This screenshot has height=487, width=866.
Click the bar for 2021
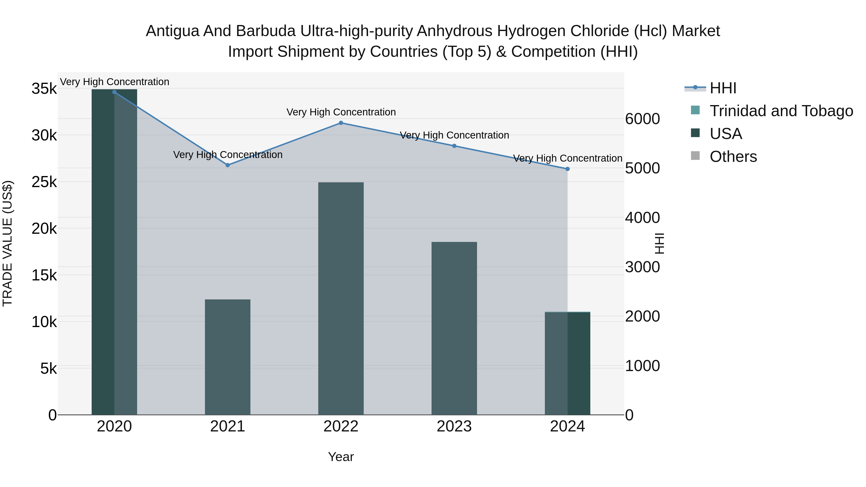coord(228,357)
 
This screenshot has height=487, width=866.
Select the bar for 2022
coord(341,298)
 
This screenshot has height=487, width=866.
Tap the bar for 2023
coord(454,328)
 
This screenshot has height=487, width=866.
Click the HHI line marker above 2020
coord(114,92)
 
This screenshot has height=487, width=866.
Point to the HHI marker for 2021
coord(228,165)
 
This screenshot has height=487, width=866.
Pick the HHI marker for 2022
coord(341,123)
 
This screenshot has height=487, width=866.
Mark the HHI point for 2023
coord(454,146)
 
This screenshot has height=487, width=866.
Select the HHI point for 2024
coord(567,169)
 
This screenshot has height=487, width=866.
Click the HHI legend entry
coord(723,88)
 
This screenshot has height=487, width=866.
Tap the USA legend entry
coord(726,134)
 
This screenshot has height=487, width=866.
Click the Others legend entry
coord(733,157)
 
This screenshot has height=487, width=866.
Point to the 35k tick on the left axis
coord(44,89)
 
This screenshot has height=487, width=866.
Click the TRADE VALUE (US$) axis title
coord(7,243)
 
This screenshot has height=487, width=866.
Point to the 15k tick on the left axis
coord(44,276)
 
